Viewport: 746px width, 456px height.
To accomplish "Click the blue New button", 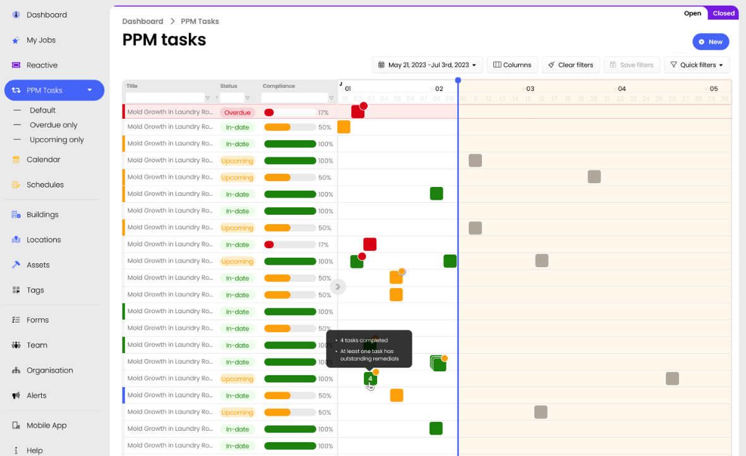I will (711, 42).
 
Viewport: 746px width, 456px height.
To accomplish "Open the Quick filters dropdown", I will (697, 65).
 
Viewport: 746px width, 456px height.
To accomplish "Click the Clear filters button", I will (570, 65).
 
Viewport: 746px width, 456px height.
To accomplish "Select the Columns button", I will (512, 65).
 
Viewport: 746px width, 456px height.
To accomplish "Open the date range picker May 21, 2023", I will (428, 65).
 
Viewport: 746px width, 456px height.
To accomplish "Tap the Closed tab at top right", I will (723, 13).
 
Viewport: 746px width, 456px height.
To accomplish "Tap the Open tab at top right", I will (692, 13).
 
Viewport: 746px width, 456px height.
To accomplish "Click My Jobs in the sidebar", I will (41, 40).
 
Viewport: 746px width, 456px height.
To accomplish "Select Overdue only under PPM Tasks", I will (54, 125).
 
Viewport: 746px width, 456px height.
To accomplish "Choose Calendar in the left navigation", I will (44, 160).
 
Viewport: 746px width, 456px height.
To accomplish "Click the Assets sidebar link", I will (38, 265).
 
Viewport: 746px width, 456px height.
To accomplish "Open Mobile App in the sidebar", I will (46, 426).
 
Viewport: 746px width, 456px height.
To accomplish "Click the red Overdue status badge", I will (237, 112).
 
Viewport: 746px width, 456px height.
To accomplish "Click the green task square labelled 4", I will (370, 379).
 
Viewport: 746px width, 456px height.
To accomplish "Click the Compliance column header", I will (279, 86).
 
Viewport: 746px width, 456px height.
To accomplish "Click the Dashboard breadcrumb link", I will (143, 21).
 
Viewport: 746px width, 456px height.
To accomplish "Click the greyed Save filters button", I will (632, 65).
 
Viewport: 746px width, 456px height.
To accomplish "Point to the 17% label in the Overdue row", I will (323, 112).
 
